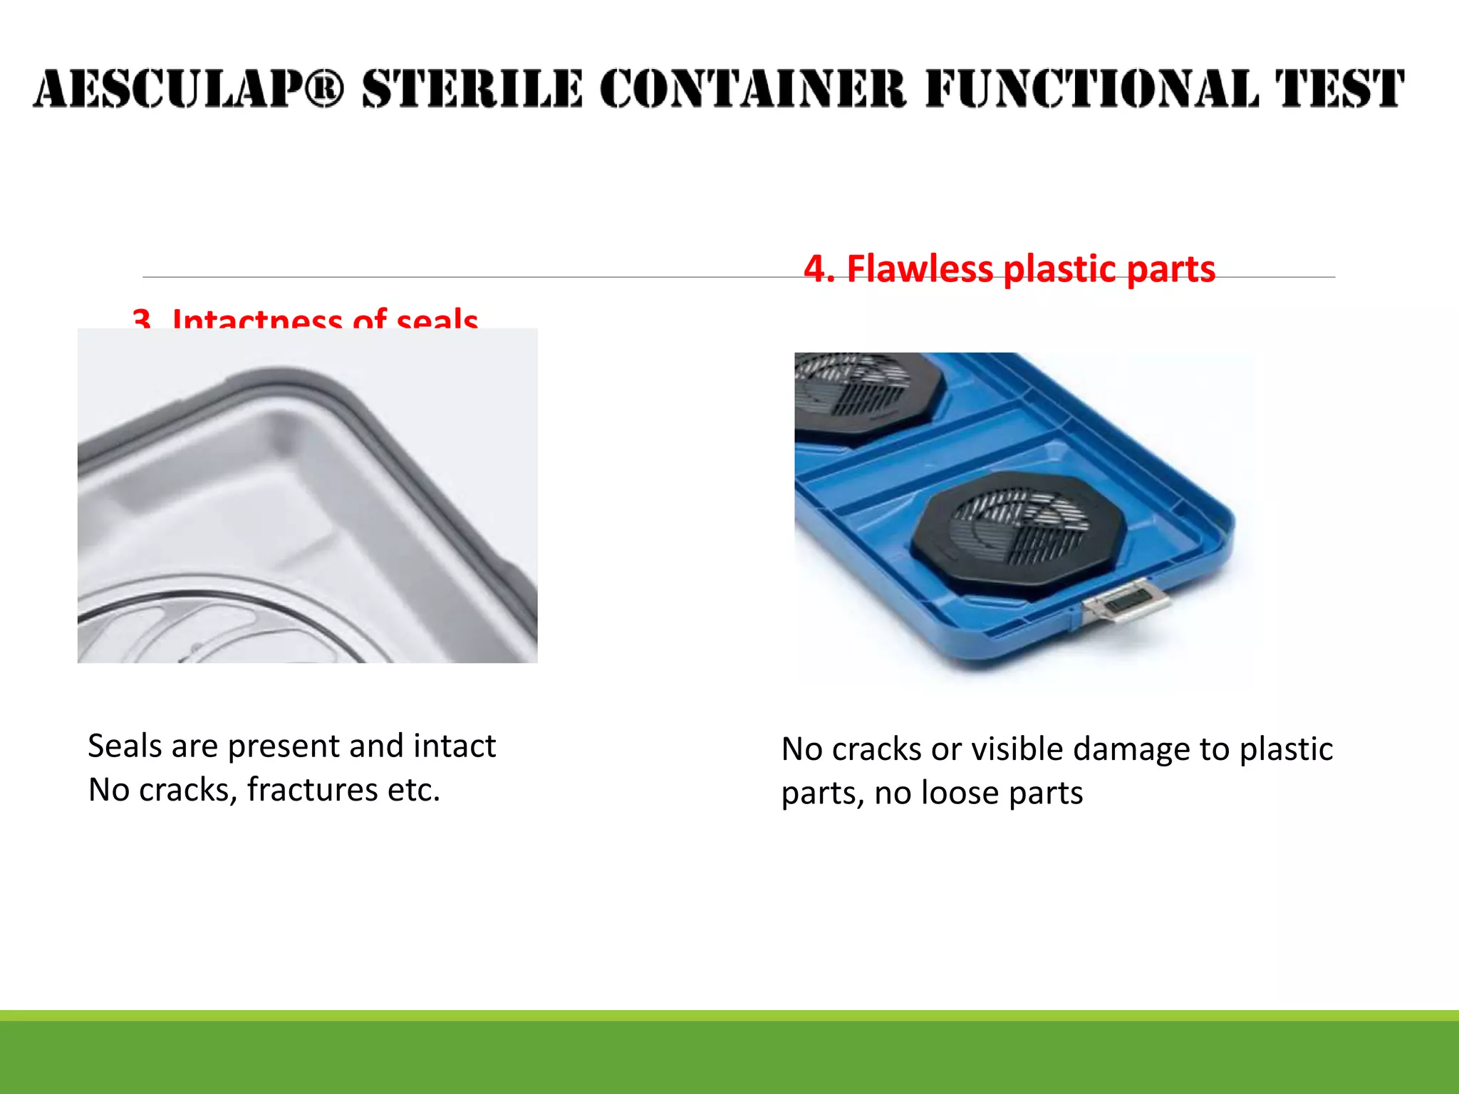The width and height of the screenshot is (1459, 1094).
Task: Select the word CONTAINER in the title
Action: (752, 89)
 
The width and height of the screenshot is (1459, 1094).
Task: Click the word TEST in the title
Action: (1339, 89)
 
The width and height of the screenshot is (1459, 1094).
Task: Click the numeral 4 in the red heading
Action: (815, 269)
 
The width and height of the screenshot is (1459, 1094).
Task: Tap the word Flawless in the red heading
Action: (920, 269)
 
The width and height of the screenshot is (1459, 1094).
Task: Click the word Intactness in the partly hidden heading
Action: (256, 320)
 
